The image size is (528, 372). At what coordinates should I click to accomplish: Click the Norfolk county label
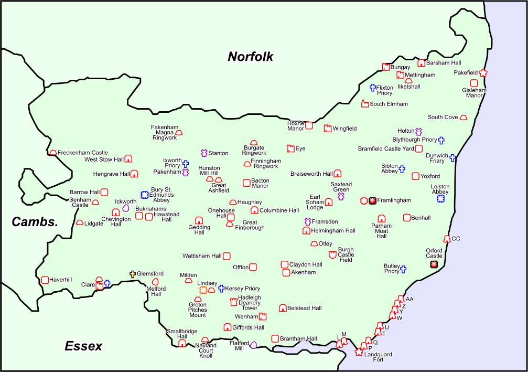point(250,57)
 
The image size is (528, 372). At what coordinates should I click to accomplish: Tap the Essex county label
point(83,346)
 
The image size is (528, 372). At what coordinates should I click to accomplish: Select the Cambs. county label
point(35,222)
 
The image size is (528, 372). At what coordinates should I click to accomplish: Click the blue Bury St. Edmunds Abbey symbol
point(145,195)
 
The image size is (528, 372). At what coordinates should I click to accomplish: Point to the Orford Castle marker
point(434,264)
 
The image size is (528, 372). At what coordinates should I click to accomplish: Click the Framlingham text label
point(394,200)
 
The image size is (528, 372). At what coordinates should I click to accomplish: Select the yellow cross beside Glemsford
point(133,274)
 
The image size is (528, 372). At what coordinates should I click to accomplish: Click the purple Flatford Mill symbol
point(254,345)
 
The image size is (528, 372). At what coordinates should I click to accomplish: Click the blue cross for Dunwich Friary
point(452,157)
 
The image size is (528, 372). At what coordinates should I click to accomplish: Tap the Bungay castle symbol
point(386,67)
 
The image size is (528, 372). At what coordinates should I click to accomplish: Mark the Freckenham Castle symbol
point(53,153)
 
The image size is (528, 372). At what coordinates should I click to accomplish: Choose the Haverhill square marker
point(45,280)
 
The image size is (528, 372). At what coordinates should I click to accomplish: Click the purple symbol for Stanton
point(204,153)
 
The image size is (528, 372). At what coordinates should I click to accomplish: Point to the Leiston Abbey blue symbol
point(441,198)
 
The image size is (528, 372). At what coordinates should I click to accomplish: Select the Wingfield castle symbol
point(328,129)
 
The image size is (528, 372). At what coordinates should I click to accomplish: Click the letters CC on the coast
point(456,239)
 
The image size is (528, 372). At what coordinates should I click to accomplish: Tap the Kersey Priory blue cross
point(221,289)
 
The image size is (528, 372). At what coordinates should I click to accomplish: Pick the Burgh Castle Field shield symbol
point(332,254)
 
